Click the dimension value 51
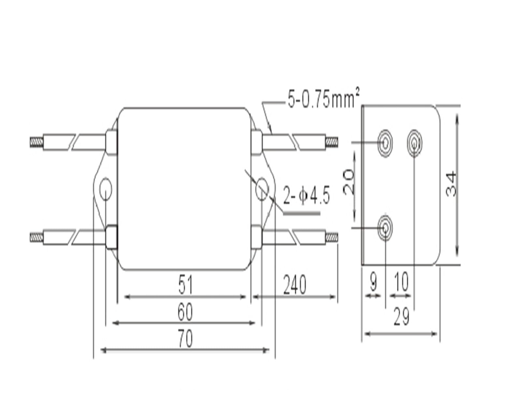click(185, 284)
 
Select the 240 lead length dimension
click(294, 284)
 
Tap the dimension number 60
click(185, 311)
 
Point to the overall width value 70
click(185, 338)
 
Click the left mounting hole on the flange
click(106, 189)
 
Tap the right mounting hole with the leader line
click(262, 189)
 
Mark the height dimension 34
click(452, 184)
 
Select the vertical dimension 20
click(348, 182)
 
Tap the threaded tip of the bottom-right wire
click(331, 237)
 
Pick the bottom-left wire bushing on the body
click(112, 237)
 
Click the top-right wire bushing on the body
click(257, 142)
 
